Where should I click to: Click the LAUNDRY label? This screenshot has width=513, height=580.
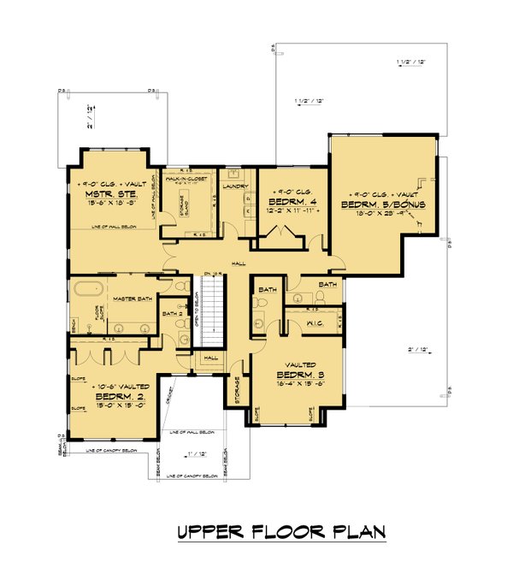(234, 186)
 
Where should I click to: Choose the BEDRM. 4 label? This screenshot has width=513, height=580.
(291, 203)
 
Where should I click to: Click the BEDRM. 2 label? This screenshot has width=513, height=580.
(112, 396)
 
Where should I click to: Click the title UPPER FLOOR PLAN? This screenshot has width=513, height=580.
(281, 531)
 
